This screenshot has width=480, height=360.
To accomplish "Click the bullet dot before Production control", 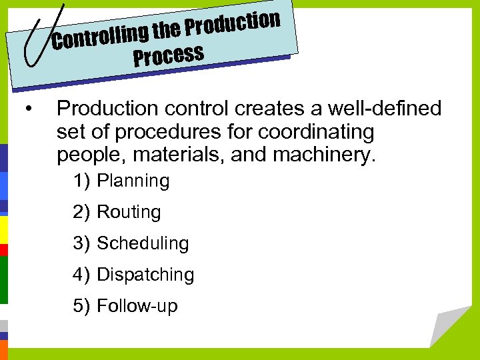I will pyautogui.click(x=27, y=109).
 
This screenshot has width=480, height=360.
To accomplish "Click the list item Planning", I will pyautogui.click(x=133, y=181).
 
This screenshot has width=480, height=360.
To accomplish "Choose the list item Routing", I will pyautogui.click(x=129, y=212).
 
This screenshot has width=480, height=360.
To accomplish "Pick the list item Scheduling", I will pyautogui.click(x=143, y=243).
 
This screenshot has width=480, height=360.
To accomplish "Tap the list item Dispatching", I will pyautogui.click(x=145, y=275).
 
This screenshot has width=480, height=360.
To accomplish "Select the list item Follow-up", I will pyautogui.click(x=137, y=306).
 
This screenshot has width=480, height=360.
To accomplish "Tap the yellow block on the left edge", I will pyautogui.click(x=3, y=230).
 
